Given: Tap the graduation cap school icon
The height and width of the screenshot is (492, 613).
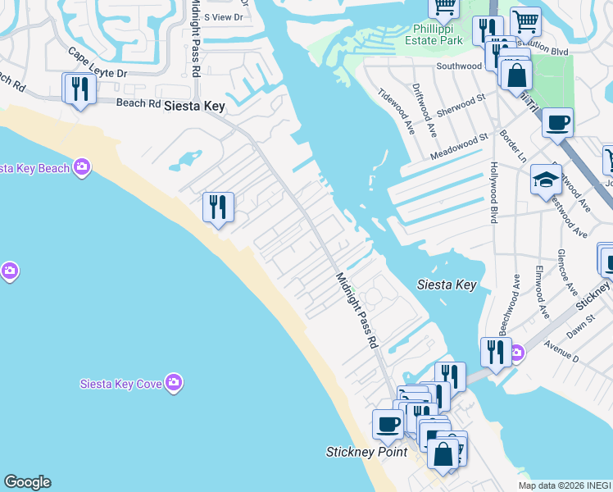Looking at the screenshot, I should [546, 180].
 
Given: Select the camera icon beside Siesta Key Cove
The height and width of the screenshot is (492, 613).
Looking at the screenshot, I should [173, 382].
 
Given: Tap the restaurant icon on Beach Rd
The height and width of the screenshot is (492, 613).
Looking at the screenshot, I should [79, 87].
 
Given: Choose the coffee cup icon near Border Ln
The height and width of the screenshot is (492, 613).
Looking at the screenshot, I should [557, 123].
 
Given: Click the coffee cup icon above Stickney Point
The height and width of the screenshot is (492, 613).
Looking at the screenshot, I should [388, 424].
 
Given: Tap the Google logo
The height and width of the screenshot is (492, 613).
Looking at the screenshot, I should [27, 482].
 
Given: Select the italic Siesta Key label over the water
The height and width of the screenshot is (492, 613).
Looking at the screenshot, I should [447, 285].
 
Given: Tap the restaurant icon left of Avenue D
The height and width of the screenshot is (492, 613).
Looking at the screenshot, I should [495, 351].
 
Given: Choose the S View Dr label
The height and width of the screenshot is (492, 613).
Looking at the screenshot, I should [224, 16].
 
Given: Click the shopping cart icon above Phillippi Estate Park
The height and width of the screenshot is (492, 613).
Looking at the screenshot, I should [443, 7].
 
